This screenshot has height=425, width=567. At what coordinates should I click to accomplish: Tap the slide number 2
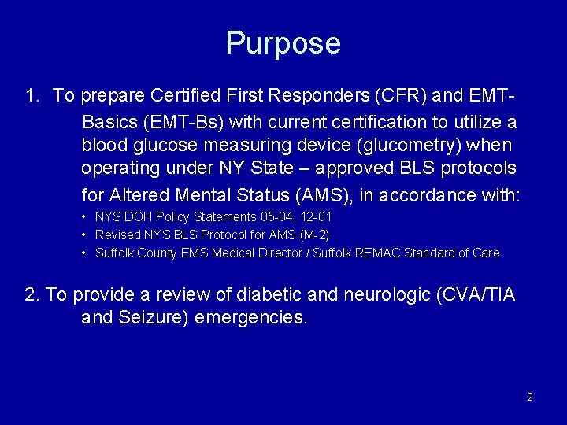(530, 397)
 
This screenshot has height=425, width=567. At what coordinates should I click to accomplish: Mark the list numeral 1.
(31, 97)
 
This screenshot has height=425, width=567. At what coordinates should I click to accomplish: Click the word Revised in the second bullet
(116, 235)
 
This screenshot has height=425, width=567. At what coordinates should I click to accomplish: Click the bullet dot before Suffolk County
(84, 253)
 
